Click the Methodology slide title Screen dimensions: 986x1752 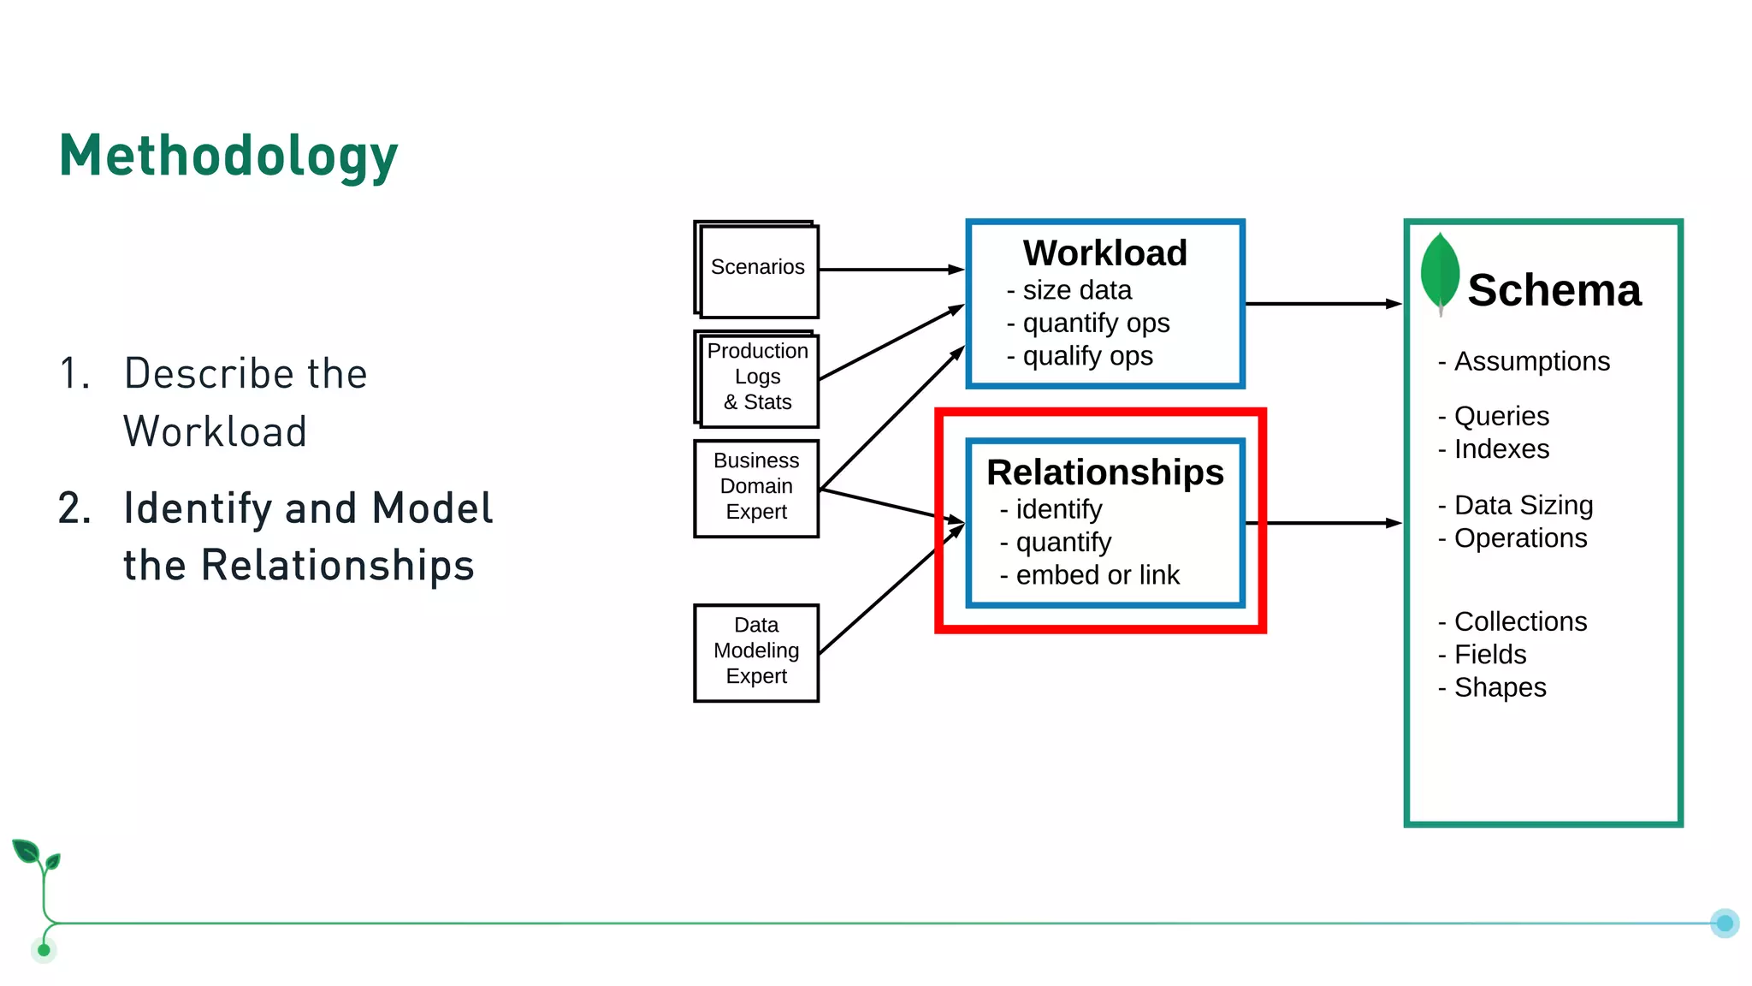click(228, 156)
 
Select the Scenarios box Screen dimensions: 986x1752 click(757, 269)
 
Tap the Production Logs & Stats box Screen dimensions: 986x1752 click(757, 377)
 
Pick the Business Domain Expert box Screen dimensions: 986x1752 click(756, 487)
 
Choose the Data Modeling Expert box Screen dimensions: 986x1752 click(756, 651)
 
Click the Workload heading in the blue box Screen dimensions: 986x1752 click(1104, 253)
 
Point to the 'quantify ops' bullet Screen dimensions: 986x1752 click(1088, 324)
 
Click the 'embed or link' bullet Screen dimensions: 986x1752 click(1090, 575)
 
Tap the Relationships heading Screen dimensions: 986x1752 click(1104, 472)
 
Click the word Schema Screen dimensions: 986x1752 click(1554, 290)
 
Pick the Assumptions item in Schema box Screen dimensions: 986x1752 click(1524, 361)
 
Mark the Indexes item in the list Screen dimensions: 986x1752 click(1495, 449)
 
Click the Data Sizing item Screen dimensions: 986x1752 click(1516, 505)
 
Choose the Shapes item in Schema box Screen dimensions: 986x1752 click(1493, 687)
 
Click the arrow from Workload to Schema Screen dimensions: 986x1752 click(1322, 303)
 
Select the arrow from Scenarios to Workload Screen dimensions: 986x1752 click(890, 270)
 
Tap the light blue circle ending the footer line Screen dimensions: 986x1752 click(1724, 923)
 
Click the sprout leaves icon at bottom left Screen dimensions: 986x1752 click(36, 856)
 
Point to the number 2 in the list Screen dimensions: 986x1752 click(74, 508)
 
